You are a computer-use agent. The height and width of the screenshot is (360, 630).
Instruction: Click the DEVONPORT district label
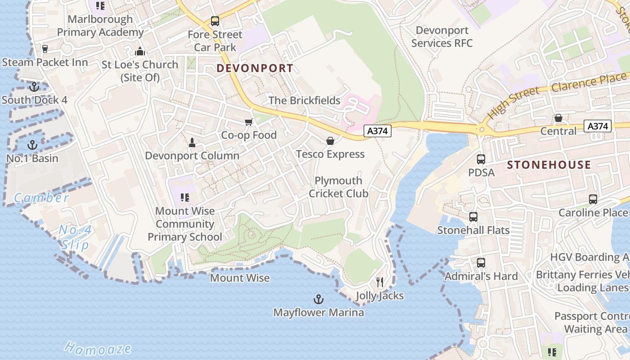click(255, 68)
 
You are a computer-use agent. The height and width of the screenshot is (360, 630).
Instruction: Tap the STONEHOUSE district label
click(549, 165)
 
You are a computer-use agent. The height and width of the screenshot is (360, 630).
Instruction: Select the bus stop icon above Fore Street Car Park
click(215, 21)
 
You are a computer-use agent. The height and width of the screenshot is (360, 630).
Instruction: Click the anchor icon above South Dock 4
click(34, 86)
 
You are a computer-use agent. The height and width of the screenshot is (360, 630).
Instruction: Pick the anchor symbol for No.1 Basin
click(32, 145)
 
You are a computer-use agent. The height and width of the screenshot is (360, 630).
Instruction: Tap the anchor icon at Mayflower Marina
click(319, 299)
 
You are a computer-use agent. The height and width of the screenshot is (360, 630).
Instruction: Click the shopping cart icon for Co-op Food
click(248, 122)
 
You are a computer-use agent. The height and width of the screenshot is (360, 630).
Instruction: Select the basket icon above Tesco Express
click(330, 141)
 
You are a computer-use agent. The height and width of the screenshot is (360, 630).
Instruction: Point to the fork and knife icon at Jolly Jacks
click(380, 282)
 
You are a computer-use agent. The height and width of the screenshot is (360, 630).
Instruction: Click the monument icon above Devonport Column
click(192, 143)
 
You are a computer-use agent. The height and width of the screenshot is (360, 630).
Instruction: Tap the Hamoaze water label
click(98, 348)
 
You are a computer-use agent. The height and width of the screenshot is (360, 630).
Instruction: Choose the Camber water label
click(41, 198)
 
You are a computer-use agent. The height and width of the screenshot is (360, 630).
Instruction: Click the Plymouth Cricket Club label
click(338, 187)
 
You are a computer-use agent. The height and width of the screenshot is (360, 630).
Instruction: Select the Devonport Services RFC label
click(442, 37)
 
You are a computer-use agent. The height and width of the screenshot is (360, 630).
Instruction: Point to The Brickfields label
click(305, 100)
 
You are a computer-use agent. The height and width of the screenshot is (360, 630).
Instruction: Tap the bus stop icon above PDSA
click(481, 159)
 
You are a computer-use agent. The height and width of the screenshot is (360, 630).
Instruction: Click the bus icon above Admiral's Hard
click(481, 263)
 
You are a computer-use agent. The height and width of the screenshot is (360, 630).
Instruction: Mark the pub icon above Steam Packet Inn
click(45, 49)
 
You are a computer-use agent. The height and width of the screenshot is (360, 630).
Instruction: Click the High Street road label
click(513, 103)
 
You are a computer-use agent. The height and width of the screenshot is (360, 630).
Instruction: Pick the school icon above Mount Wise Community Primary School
click(184, 197)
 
